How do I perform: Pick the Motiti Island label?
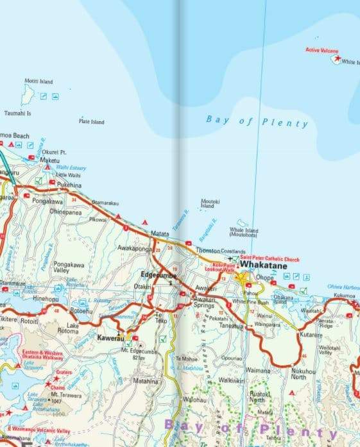[38, 81]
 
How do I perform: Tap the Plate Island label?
[91, 121]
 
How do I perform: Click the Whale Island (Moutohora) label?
[244, 232]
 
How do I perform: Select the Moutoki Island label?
[210, 203]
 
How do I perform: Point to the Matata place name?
[160, 234]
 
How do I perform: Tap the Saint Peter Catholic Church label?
[270, 259]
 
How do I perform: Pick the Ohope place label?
[265, 278]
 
